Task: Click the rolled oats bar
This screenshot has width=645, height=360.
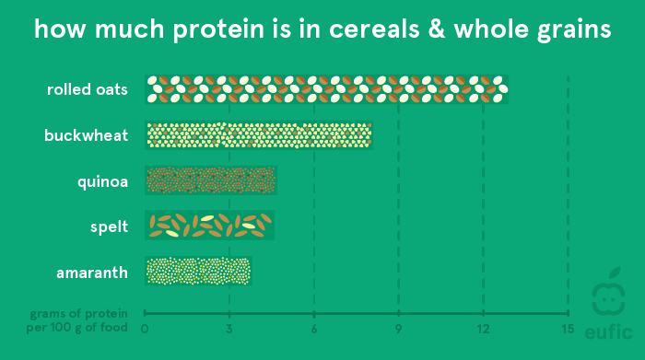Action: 327,89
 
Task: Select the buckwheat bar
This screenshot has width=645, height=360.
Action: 258,135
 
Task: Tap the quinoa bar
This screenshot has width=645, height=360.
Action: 211,180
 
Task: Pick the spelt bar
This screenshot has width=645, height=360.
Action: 210,225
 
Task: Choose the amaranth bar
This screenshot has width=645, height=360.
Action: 198,271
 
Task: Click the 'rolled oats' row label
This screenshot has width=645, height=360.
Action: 88,90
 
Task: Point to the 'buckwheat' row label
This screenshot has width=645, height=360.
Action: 86,135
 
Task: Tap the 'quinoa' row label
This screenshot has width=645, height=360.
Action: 102,180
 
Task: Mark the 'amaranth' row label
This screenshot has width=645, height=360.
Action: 91,271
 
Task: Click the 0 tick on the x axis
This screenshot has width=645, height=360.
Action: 145,329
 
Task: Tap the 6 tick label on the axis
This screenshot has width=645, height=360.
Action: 314,329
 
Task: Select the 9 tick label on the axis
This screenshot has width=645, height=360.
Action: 399,329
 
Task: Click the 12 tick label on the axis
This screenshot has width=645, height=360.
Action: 483,329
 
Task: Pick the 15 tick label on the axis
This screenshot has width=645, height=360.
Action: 568,329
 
